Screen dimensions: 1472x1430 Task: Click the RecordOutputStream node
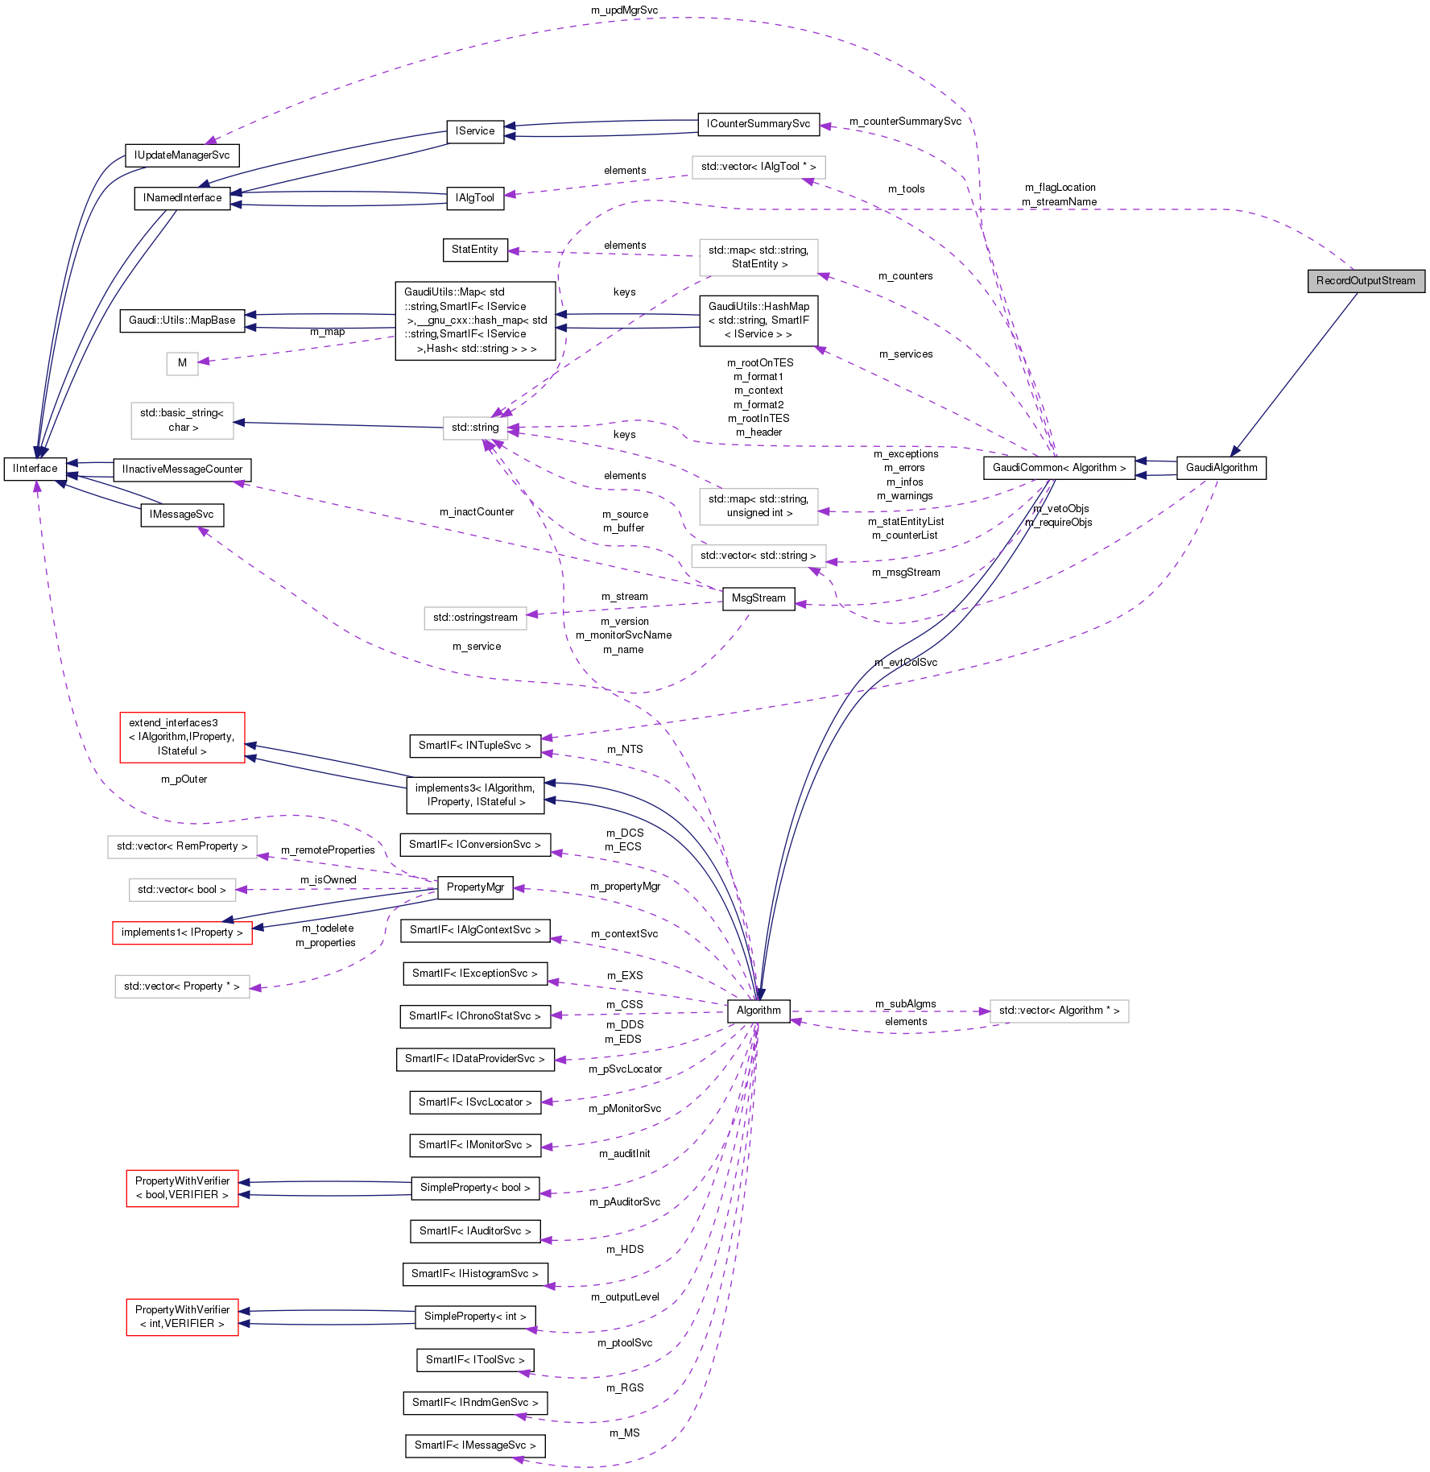[x=1366, y=281]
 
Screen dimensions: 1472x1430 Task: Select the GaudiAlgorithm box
[x=1221, y=468]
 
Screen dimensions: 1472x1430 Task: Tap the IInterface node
[x=35, y=469]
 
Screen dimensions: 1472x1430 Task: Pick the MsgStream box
[x=758, y=598]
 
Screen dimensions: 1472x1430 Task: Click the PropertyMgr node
[x=475, y=887]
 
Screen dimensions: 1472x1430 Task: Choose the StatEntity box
[x=474, y=250]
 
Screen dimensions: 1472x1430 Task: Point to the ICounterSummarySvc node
[x=758, y=124]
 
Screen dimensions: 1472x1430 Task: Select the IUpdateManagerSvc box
[x=182, y=155]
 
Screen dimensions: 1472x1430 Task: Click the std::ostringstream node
[x=475, y=618]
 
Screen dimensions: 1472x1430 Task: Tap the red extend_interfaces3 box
[x=182, y=737]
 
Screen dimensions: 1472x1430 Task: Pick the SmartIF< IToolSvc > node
[x=474, y=1360]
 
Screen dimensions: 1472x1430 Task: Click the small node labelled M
[x=182, y=363]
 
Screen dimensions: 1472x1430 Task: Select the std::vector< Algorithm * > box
[x=1059, y=1011]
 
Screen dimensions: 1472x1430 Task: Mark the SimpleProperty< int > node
[x=474, y=1317]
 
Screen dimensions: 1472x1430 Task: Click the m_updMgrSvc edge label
[x=624, y=10]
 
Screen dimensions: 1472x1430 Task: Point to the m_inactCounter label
[x=476, y=512]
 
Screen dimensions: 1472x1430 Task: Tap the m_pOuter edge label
[x=184, y=779]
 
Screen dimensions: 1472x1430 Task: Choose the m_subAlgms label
[x=905, y=1004]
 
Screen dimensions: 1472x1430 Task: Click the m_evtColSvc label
[x=906, y=663]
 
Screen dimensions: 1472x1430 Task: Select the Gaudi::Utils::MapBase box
[x=182, y=320]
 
